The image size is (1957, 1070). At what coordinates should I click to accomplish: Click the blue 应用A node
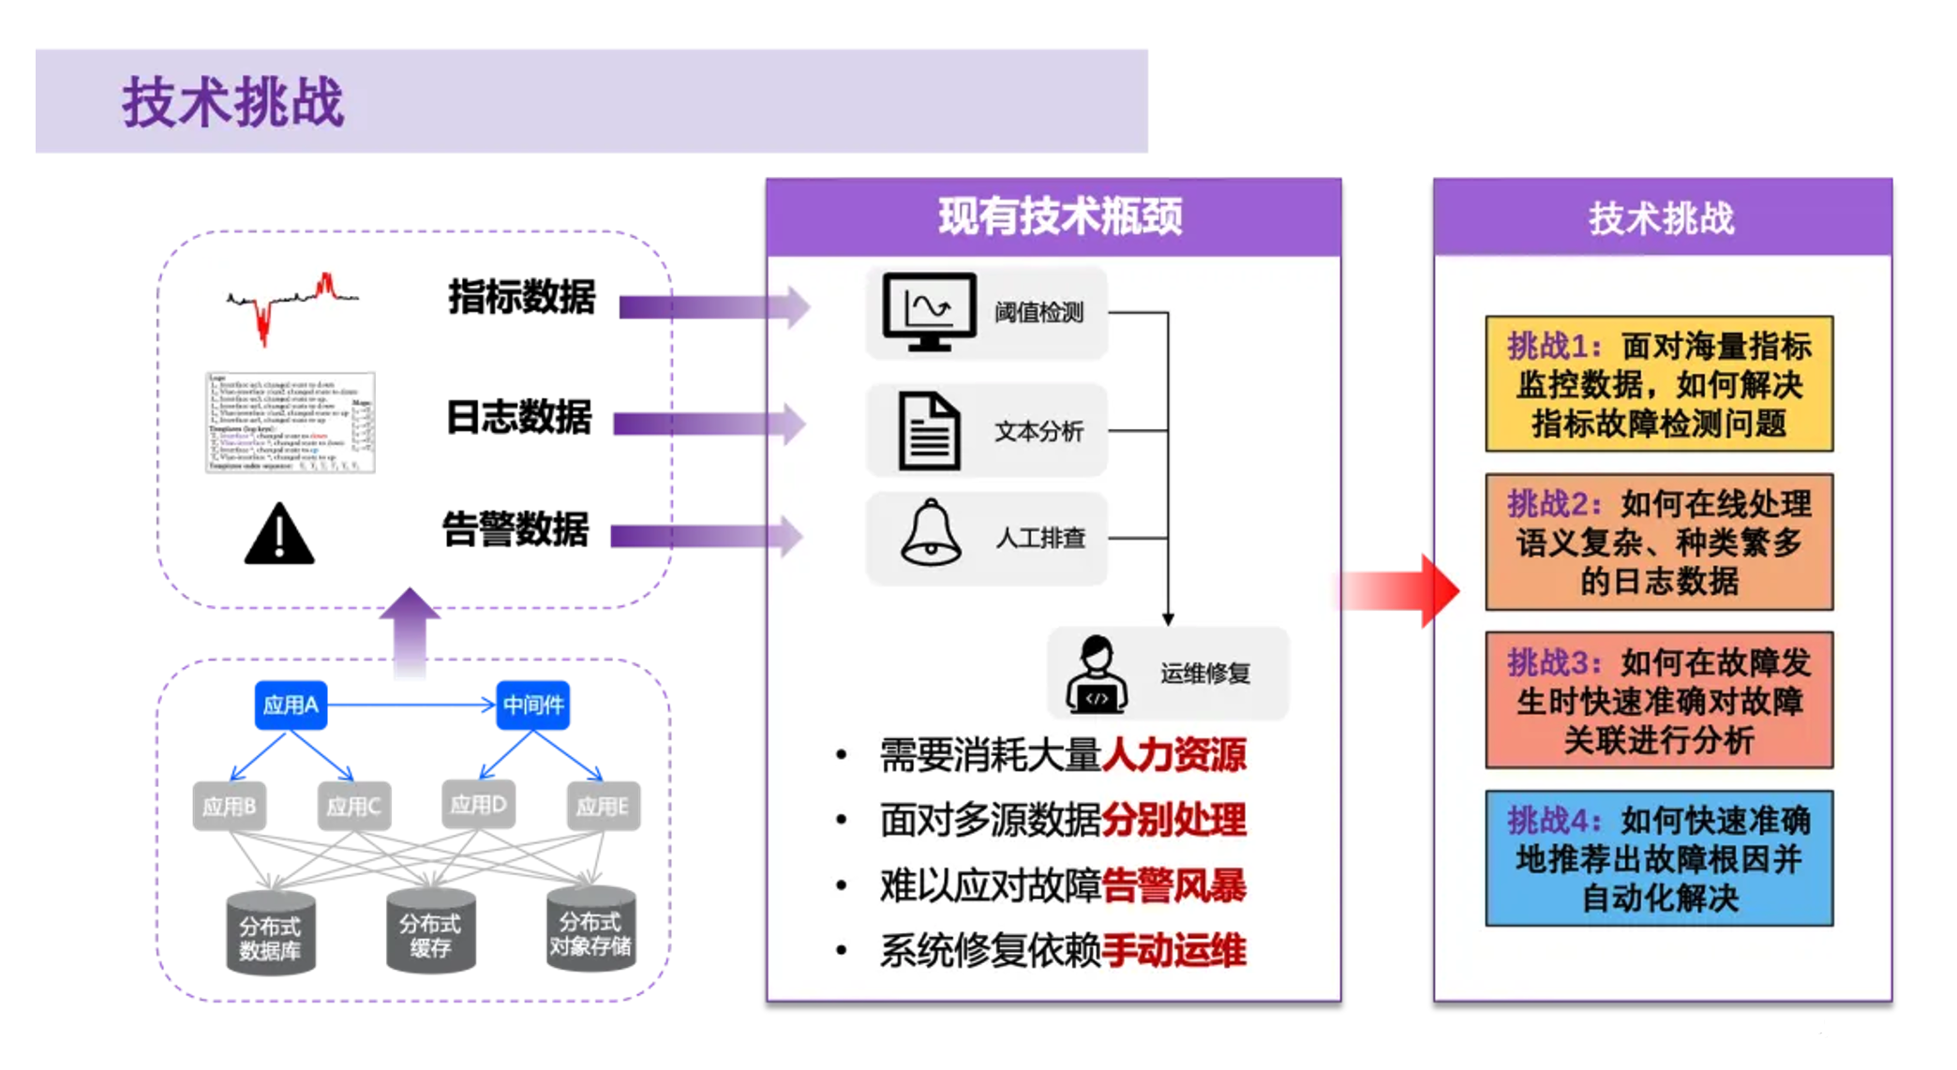(291, 705)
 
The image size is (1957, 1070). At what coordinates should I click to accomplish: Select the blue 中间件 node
(532, 705)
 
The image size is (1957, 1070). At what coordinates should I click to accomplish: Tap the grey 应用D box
(478, 804)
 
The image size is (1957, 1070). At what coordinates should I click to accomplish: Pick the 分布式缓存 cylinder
(430, 932)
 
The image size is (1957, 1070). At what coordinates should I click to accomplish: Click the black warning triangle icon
(278, 535)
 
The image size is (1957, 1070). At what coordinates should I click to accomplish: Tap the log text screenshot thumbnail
(291, 423)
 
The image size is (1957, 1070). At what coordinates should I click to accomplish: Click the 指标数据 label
(521, 297)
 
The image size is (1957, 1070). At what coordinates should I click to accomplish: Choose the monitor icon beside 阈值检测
(929, 311)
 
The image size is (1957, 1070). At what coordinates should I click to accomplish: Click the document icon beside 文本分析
(929, 431)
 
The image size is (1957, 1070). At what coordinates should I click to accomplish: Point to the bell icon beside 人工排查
(931, 533)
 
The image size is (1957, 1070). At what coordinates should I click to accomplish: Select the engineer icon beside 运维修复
(1096, 674)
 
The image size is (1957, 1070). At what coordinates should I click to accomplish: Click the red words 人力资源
(1173, 755)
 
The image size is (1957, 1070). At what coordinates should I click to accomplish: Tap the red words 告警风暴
(1173, 885)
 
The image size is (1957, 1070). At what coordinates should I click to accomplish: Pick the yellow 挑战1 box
(1659, 384)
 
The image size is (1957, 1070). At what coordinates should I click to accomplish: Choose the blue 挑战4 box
(1659, 858)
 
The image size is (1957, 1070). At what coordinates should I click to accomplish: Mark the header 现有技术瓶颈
(1059, 217)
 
